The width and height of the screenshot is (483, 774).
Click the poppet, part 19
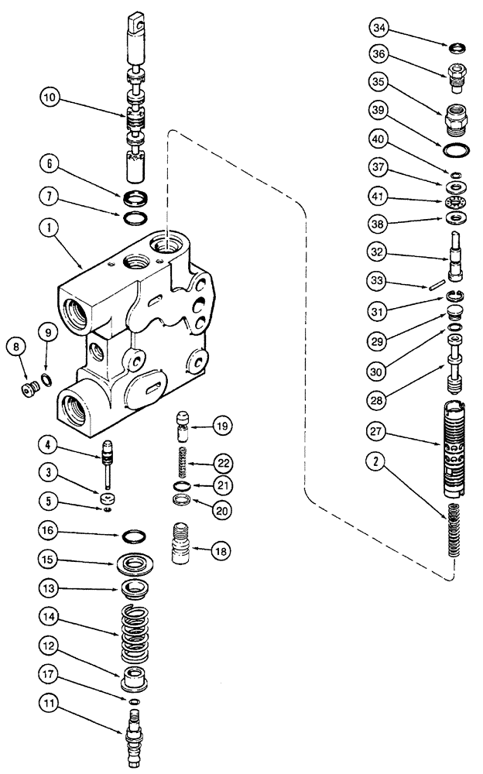183,425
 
